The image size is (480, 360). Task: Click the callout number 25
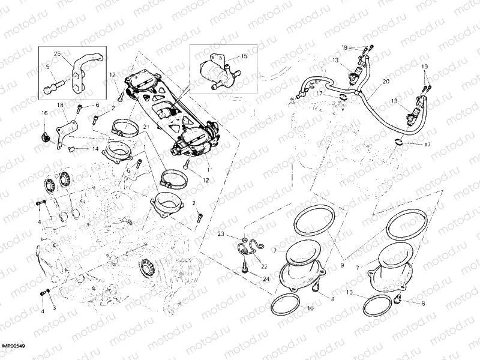58,53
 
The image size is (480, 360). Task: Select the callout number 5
48,68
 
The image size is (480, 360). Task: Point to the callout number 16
44,112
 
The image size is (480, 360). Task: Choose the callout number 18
60,106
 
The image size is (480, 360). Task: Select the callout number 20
386,80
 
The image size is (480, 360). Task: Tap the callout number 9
343,265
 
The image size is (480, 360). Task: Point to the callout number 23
221,233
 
